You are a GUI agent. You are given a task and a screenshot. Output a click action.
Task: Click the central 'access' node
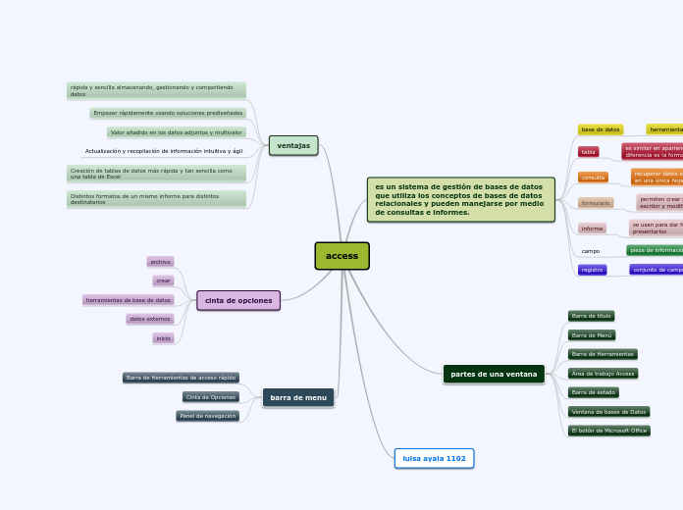(341, 256)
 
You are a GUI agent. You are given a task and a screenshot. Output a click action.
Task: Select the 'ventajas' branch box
(293, 146)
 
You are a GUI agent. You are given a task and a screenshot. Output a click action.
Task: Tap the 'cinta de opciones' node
(238, 300)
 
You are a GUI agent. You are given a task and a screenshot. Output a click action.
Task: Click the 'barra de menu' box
(298, 397)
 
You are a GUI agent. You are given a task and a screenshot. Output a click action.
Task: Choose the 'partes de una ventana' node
(494, 374)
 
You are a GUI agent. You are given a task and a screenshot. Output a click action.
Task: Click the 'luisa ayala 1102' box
(434, 458)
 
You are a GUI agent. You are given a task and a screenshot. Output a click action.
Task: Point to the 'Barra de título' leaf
(591, 316)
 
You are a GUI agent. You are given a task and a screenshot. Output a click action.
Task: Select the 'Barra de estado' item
(594, 392)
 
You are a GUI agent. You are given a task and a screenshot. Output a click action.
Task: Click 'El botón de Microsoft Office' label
(609, 431)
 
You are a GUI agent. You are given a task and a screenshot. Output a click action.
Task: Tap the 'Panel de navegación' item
(207, 416)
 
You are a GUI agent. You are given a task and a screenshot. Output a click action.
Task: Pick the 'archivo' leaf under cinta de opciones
(160, 262)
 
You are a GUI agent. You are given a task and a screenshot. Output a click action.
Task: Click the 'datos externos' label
(149, 319)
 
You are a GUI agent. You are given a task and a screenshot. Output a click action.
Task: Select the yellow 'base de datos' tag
(600, 129)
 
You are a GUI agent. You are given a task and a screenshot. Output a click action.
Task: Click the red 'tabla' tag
(588, 152)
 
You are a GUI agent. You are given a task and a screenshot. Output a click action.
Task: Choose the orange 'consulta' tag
(593, 178)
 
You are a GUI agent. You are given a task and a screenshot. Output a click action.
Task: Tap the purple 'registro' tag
(592, 270)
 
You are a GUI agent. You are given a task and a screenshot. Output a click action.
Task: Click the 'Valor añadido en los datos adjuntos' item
(176, 132)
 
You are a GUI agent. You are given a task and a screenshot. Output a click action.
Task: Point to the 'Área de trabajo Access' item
(604, 374)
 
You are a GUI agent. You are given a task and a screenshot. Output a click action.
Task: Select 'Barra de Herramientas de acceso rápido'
(181, 378)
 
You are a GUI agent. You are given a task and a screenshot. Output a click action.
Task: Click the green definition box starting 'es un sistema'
(460, 200)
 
